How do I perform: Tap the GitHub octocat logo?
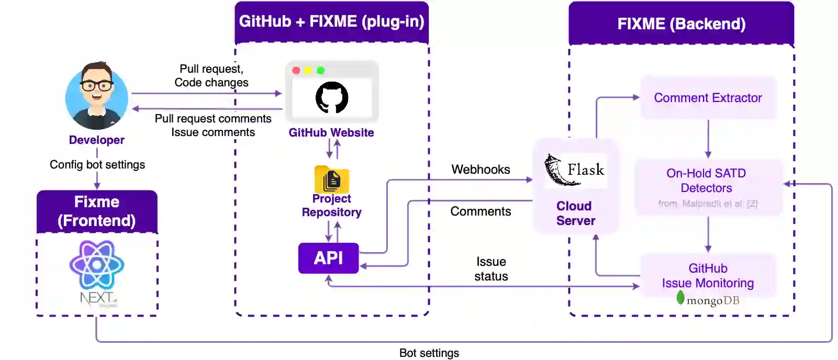(332, 97)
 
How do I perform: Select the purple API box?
(328, 258)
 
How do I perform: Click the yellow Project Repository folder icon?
(332, 179)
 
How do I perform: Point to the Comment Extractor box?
(708, 98)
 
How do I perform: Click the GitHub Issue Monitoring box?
(708, 276)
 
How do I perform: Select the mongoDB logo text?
(712, 300)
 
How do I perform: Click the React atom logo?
(97, 265)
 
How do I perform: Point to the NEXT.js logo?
(97, 298)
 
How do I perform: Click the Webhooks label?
(481, 170)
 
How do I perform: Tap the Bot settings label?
(429, 353)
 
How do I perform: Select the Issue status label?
(491, 269)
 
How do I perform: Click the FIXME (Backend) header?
(681, 24)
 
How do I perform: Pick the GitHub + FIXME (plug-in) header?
(331, 21)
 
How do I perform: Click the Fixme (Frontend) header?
(97, 211)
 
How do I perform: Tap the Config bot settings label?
(97, 165)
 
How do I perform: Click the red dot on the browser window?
(296, 71)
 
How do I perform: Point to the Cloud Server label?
(575, 213)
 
